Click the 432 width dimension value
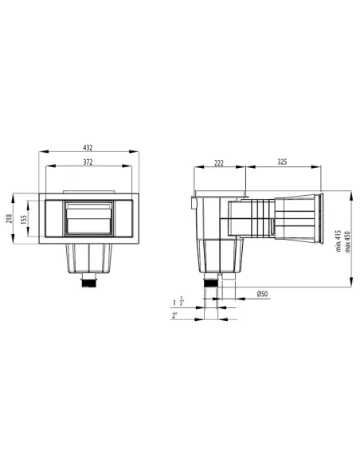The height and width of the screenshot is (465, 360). coord(88,147)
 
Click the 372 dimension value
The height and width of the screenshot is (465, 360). coord(88,162)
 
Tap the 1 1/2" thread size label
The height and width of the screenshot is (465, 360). coord(176,303)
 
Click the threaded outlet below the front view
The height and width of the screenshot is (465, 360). coord(88,280)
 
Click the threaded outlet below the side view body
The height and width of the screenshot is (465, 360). coord(213,280)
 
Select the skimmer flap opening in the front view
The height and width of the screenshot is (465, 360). coord(88,217)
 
